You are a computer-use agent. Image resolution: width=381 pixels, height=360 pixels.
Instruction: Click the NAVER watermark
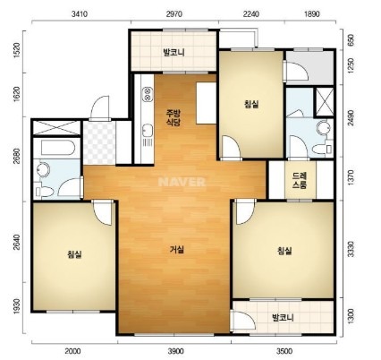[x=182, y=182]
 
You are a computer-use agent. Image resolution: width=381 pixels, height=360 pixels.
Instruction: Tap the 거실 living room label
[x=177, y=250]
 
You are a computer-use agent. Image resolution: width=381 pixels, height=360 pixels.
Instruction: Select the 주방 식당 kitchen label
[x=174, y=117]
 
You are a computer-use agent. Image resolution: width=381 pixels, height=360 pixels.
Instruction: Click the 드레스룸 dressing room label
[x=300, y=180]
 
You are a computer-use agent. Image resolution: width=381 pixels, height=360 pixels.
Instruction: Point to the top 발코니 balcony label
[x=174, y=53]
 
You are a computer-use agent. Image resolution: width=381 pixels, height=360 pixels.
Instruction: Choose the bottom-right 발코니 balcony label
[x=283, y=317]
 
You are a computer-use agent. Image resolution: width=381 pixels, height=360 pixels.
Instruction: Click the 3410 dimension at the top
[x=80, y=14]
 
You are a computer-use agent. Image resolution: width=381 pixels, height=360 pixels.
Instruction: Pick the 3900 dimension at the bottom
[x=175, y=351]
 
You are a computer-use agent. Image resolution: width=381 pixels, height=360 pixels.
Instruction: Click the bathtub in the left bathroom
[x=57, y=148]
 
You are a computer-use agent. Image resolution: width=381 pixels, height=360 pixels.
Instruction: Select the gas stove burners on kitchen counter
[x=148, y=93]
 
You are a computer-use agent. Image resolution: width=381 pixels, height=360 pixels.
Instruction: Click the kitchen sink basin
[x=148, y=131]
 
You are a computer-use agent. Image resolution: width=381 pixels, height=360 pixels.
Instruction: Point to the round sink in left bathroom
[x=43, y=170]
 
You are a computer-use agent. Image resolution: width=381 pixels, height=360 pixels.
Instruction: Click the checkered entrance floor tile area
[x=99, y=142]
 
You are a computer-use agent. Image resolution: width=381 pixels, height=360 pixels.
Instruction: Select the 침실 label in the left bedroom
[x=74, y=254]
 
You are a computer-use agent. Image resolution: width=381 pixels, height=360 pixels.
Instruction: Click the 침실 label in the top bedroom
[x=251, y=104]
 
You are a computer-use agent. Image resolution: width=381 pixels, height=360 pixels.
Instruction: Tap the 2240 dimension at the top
[x=250, y=14]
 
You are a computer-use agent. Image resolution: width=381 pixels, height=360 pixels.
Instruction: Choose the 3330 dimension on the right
[x=351, y=249]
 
